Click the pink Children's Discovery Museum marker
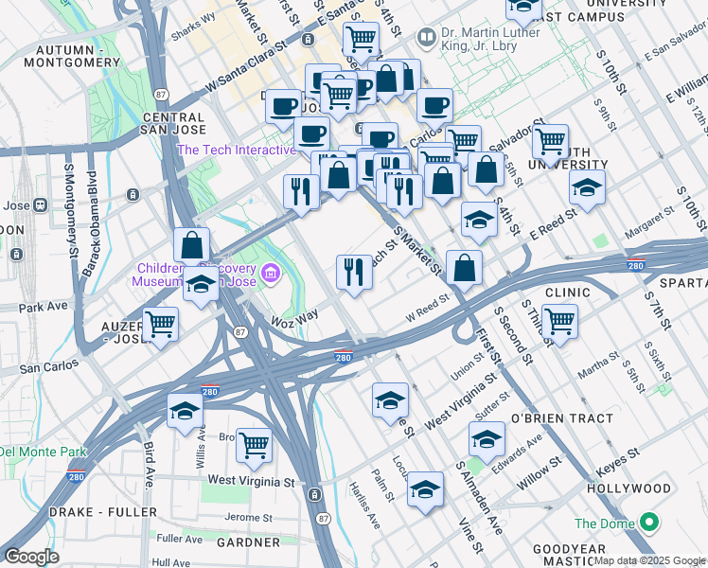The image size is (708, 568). (x=272, y=274)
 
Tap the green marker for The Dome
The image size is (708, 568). (x=649, y=523)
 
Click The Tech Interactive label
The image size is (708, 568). (x=237, y=150)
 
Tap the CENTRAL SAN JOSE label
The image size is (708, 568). (x=173, y=124)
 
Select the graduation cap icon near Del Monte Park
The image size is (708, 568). (x=185, y=410)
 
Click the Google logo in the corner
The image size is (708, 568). (x=32, y=556)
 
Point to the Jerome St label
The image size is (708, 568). (x=250, y=518)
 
